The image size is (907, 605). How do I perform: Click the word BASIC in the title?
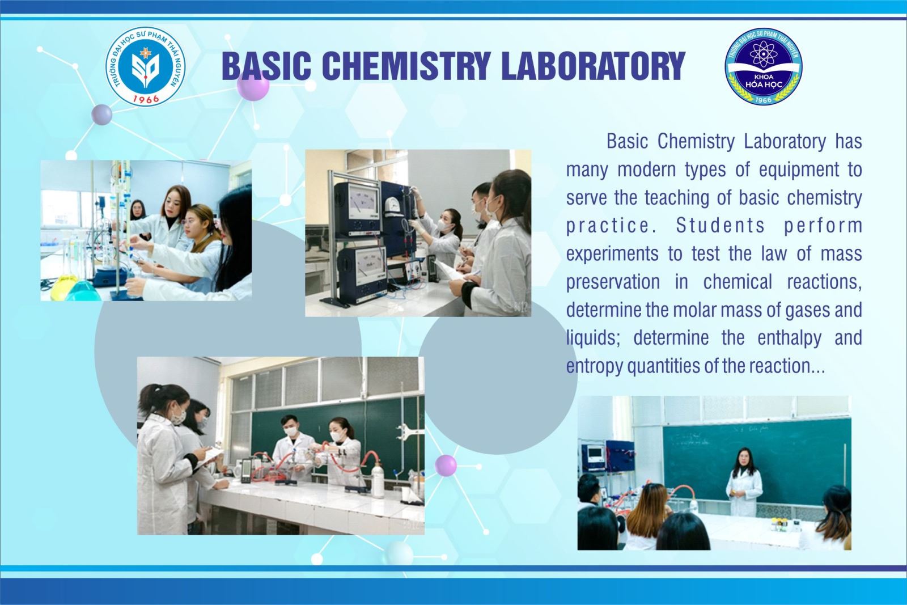point(266,65)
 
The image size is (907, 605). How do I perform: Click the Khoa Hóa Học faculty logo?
point(764,66)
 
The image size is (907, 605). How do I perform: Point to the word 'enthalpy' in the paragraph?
point(789,338)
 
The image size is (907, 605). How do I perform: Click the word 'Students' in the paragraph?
point(720,226)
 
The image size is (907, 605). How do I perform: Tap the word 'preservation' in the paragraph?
point(613,282)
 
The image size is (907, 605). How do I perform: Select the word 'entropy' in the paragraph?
point(595,366)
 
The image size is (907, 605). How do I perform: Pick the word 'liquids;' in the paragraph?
point(593,338)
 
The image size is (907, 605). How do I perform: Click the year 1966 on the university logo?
point(146,99)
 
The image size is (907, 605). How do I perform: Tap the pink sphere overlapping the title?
point(253,85)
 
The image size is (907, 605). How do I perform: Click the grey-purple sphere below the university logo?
point(101,115)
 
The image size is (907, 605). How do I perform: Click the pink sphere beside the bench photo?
point(446,466)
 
